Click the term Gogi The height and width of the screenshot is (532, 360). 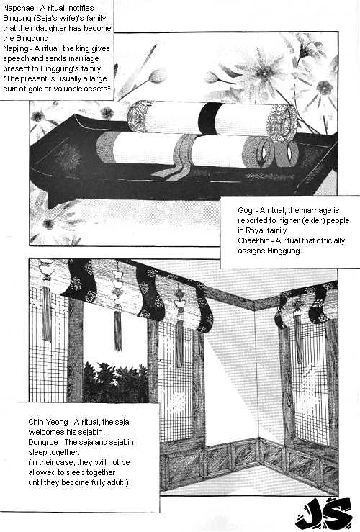click(246, 211)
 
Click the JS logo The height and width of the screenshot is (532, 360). click(323, 513)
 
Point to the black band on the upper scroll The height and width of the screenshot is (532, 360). click(207, 118)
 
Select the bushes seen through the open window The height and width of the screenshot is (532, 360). click(115, 382)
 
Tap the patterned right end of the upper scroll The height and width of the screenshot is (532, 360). click(282, 123)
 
